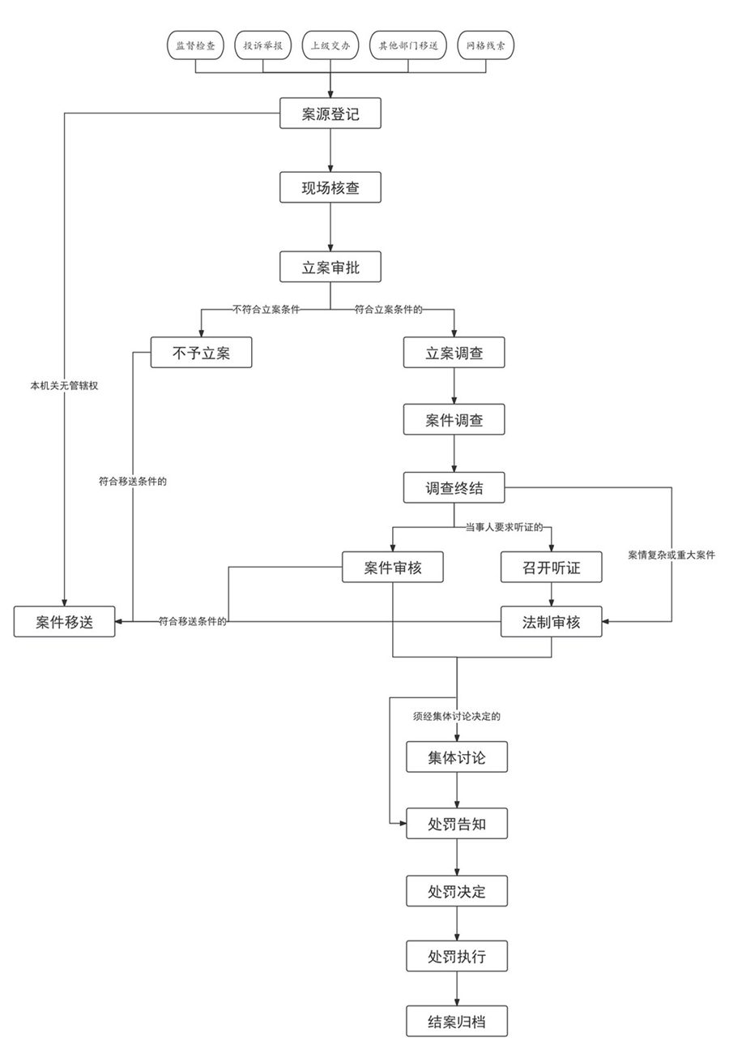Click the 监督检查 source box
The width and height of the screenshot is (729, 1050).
[195, 46]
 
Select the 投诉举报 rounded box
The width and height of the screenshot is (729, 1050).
[262, 46]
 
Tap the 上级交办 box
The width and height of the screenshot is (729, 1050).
[330, 46]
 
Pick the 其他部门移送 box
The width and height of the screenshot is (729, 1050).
[408, 46]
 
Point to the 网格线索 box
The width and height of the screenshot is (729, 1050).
[486, 46]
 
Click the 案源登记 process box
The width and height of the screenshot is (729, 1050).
[330, 114]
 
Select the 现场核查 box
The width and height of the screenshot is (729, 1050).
[330, 190]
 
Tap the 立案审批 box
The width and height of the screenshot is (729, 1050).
[330, 268]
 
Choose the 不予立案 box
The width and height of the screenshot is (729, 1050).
[202, 353]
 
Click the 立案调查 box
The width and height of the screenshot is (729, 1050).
[454, 353]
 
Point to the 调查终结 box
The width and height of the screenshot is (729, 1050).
[454, 488]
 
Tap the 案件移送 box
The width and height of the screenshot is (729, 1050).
[65, 622]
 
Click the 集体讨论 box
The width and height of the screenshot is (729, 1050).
[457, 757]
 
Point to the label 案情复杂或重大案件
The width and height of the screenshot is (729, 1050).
[671, 555]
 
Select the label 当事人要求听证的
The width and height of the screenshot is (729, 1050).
[504, 528]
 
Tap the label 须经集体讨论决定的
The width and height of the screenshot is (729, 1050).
[458, 717]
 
